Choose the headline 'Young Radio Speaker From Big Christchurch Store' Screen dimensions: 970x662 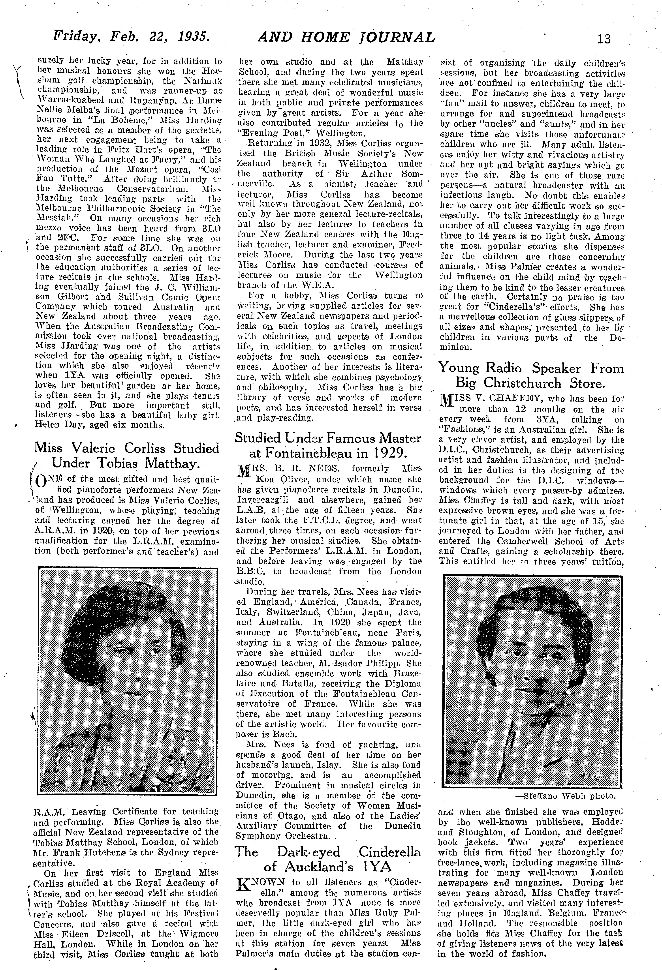click(x=531, y=376)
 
